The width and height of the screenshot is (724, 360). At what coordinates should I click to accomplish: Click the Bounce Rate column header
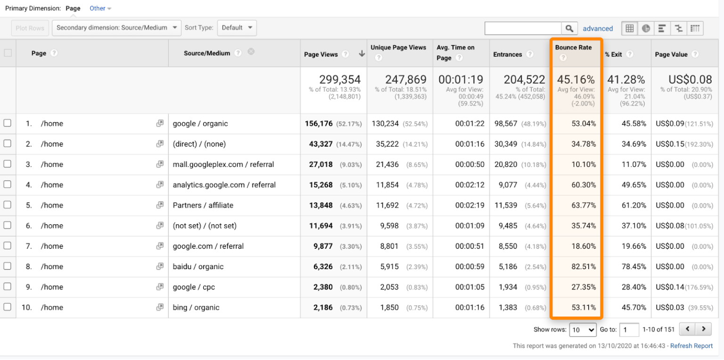[x=573, y=48]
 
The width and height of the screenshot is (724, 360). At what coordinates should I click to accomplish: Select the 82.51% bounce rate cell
[x=584, y=267]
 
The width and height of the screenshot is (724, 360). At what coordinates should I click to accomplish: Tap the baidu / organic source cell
[x=198, y=267]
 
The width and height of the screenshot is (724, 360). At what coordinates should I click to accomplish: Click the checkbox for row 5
[x=7, y=205]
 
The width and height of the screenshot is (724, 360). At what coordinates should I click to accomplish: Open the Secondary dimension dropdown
[x=116, y=28]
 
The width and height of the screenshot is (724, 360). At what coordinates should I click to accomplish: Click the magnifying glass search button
[x=569, y=29]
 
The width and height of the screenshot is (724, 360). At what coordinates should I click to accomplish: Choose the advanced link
[x=598, y=29]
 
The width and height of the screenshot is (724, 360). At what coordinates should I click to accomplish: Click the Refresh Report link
[x=691, y=346]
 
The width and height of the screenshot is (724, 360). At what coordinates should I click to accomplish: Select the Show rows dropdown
[x=583, y=330]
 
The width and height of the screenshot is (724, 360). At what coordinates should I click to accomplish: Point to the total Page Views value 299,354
[x=339, y=80]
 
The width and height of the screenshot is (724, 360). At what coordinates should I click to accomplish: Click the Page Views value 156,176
[x=319, y=123]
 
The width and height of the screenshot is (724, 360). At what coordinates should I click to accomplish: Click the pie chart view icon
[x=646, y=28]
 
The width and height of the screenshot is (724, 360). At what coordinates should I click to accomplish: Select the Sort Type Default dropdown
[x=237, y=28]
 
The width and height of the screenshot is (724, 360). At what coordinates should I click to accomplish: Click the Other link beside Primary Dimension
[x=100, y=8]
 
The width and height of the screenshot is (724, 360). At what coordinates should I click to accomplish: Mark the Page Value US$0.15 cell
[x=668, y=144]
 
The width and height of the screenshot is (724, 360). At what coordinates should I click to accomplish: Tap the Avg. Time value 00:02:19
[x=469, y=205]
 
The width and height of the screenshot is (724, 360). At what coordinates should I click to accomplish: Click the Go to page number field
[x=629, y=330]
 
